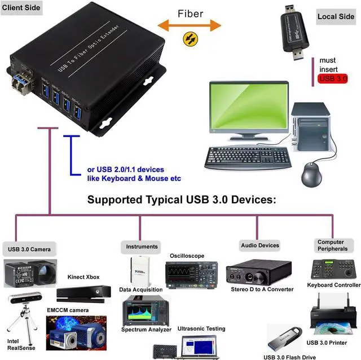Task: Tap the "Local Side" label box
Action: [336, 16]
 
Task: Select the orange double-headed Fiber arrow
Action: [190, 24]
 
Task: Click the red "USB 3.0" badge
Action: [333, 78]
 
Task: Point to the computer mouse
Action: [312, 174]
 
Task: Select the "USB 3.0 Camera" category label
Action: [29, 249]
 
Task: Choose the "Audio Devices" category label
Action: [260, 245]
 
